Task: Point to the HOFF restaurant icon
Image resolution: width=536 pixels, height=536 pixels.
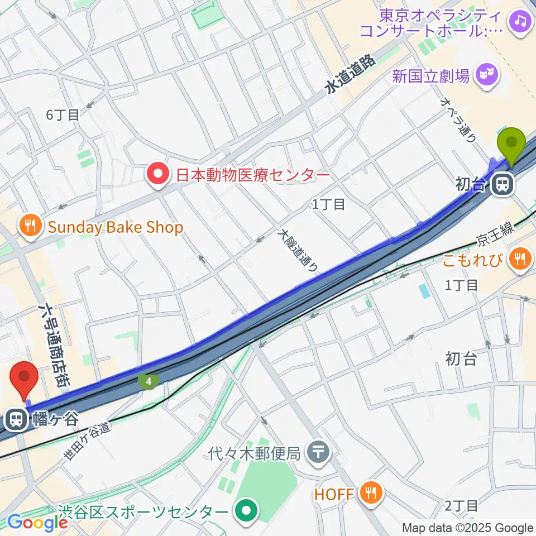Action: point(370,493)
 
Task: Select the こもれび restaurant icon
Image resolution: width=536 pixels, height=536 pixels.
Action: point(521,259)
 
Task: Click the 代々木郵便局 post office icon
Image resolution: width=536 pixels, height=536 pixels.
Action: point(319,449)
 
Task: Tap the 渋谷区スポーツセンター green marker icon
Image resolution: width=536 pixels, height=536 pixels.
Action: point(246,511)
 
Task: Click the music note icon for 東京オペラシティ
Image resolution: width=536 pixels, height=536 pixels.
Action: point(521,21)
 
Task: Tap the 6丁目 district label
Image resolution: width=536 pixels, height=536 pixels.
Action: point(63,116)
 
